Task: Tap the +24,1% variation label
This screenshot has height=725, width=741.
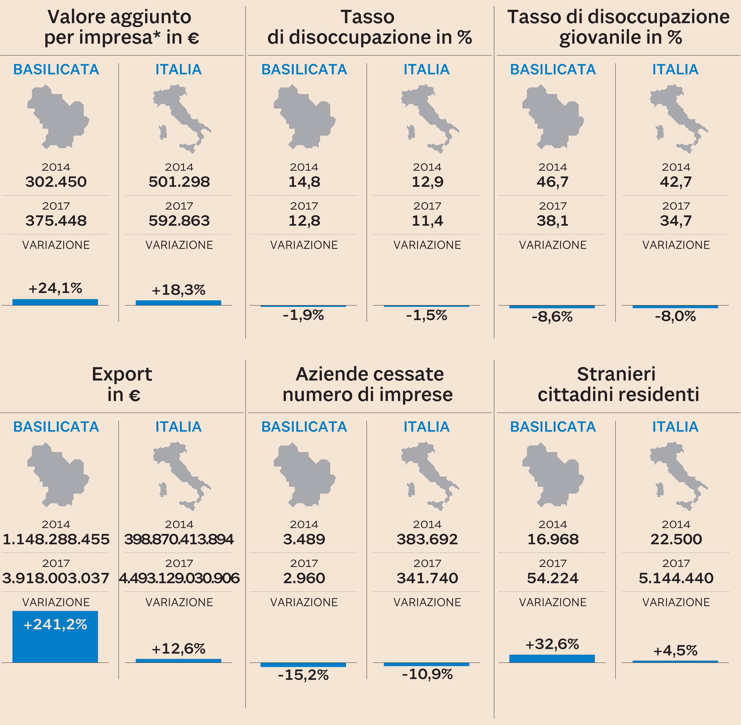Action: (55, 288)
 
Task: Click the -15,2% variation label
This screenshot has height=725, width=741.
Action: (304, 675)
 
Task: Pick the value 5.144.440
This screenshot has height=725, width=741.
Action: (676, 578)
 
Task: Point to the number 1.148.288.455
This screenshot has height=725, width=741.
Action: (56, 539)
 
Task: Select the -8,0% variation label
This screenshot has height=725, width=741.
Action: (675, 316)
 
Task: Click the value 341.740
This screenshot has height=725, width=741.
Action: (427, 578)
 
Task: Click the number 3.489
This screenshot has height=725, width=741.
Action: (304, 539)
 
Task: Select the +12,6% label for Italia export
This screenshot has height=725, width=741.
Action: (179, 649)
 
